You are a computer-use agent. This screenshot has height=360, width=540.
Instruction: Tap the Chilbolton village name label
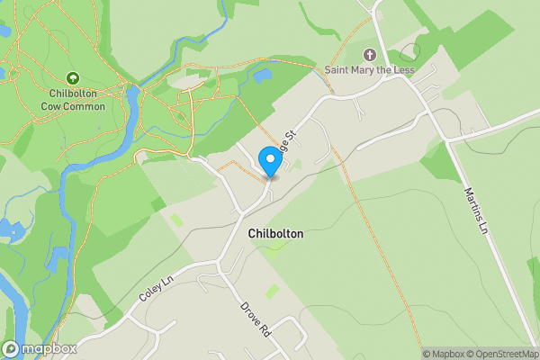tap(275, 234)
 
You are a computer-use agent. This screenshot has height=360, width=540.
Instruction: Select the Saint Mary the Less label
tap(372, 69)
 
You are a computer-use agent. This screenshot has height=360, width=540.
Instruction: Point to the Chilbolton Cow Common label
tap(73, 100)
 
